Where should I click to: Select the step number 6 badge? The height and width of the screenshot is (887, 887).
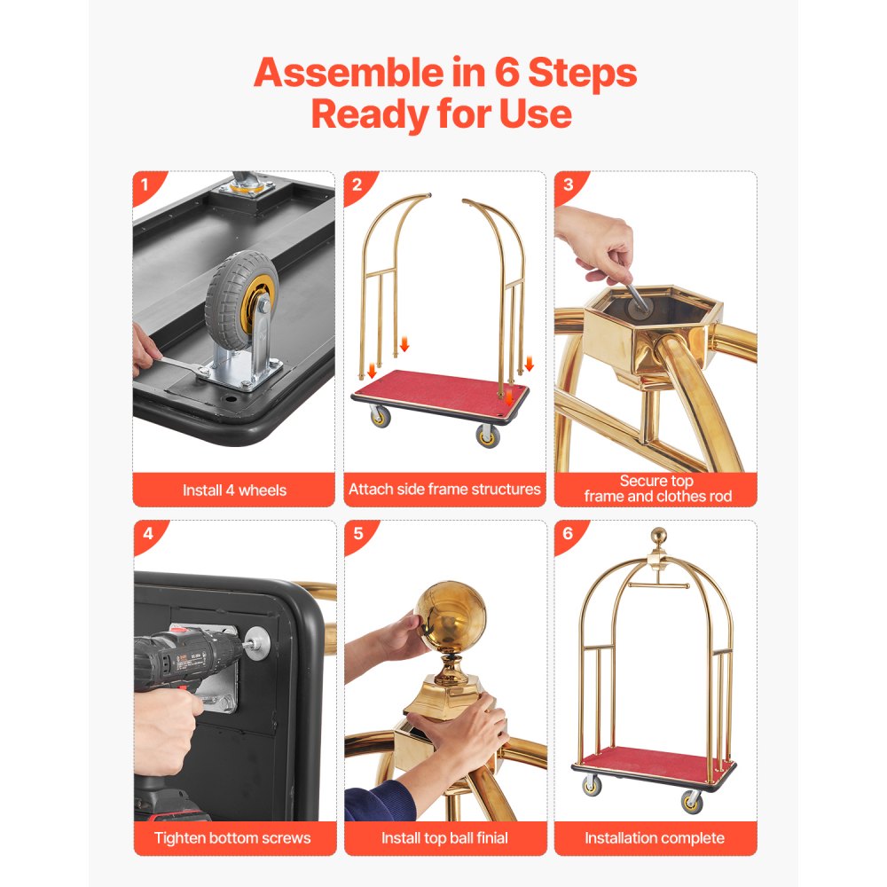567,533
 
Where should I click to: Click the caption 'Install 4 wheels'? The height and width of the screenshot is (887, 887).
234,490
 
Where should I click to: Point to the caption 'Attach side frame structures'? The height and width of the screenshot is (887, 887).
444,489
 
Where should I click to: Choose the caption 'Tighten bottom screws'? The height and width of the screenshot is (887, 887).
234,837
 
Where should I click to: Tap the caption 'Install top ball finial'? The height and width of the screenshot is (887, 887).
444,837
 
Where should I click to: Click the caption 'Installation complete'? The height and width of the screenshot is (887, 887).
655,837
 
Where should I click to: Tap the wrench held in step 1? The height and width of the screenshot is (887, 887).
182,365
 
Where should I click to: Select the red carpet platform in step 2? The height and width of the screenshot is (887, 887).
435,390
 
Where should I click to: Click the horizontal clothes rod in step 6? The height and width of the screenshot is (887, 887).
657,587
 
